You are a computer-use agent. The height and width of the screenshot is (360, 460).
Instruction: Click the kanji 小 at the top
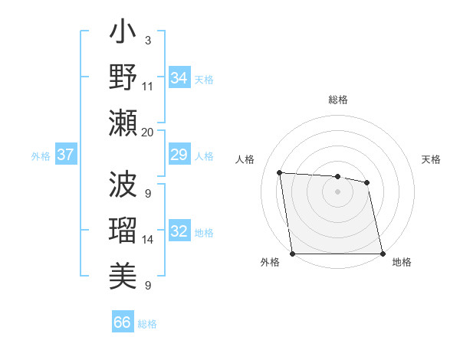click(x=123, y=35)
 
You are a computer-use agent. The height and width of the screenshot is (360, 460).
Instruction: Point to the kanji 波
click(x=123, y=184)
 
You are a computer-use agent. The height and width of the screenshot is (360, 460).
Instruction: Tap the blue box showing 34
click(x=179, y=77)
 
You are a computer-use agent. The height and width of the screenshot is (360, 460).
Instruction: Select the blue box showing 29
click(x=179, y=155)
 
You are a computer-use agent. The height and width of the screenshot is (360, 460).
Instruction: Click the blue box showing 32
click(x=179, y=231)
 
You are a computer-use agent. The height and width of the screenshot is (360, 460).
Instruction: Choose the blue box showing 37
click(x=66, y=155)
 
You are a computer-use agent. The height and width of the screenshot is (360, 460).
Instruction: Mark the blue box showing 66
click(x=123, y=322)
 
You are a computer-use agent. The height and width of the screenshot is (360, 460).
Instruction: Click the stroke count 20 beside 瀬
click(x=148, y=132)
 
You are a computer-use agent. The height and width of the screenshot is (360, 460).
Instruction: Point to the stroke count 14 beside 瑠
click(x=148, y=240)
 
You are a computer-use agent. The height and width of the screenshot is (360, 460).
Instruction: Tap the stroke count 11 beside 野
click(x=148, y=86)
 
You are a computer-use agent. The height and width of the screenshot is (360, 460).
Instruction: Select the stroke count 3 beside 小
click(x=148, y=39)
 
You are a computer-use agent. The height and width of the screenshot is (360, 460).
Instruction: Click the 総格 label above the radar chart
click(x=337, y=100)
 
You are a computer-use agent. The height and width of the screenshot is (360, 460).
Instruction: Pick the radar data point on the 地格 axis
click(x=383, y=254)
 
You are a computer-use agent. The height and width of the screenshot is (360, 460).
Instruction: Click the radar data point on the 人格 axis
click(x=280, y=172)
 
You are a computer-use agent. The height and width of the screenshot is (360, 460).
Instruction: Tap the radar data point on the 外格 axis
click(x=292, y=254)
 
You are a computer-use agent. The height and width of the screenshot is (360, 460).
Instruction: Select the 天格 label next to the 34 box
click(x=204, y=79)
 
